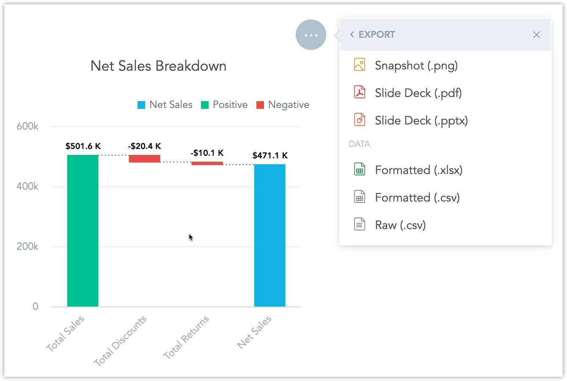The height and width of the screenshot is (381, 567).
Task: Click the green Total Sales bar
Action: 83,231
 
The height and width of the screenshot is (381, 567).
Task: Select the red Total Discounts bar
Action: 144,159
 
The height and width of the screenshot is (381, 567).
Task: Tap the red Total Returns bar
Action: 207,163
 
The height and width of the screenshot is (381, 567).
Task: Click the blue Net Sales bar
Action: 270,235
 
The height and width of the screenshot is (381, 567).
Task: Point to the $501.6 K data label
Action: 83,146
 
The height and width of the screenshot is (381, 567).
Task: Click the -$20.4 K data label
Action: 144,146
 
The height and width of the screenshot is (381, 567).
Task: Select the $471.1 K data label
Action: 270,155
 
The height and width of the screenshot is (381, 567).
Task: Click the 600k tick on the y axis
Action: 28,126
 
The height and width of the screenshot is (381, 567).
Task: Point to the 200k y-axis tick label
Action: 28,246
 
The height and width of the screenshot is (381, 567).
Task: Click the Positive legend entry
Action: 224,105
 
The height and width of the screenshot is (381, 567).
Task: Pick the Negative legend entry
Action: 283,105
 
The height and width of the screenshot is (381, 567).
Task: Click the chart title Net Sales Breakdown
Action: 158,66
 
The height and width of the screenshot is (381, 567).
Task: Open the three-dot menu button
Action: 311,35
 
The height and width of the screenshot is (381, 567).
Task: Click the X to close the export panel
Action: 536,35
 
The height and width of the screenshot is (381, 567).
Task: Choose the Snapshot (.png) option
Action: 416,66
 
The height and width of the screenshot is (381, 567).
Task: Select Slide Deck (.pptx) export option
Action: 421,121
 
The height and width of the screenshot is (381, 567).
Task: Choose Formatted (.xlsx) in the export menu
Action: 418,170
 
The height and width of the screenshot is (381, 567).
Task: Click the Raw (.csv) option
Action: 400,225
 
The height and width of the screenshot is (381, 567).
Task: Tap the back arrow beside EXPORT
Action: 352,35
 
